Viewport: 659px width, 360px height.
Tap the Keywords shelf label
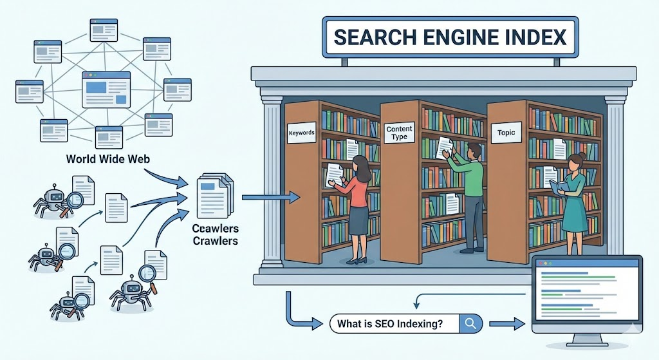(301, 133)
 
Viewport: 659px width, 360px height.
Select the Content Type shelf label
(399, 133)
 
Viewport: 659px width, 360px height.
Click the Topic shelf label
(506, 133)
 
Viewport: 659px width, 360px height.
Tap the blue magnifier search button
(470, 323)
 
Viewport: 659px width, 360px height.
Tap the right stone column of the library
(615, 174)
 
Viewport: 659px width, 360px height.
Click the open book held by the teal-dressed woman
(558, 186)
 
